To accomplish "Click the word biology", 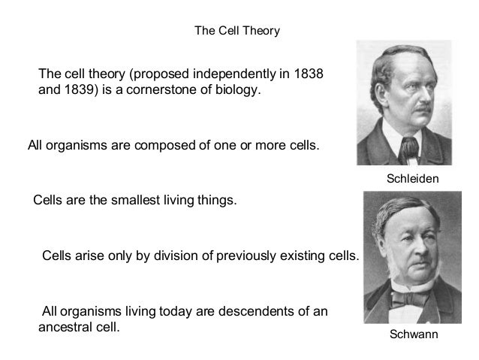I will click(x=243, y=92).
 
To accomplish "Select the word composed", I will click(x=161, y=145).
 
